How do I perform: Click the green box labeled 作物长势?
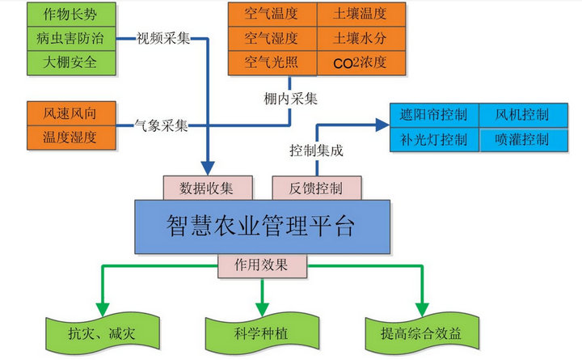point(70,15)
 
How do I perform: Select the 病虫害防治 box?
point(70,38)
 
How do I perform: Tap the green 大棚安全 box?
point(70,62)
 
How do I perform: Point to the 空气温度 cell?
point(271,14)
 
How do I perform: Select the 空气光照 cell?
point(271,62)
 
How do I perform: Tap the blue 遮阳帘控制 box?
point(434,115)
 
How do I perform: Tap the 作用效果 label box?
point(262,265)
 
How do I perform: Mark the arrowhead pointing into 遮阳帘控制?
point(382,125)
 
